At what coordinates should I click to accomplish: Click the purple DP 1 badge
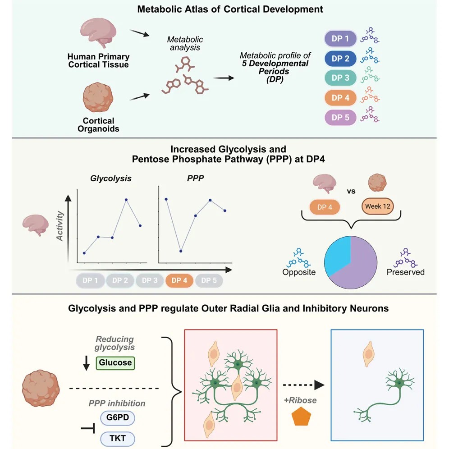(x=340, y=38)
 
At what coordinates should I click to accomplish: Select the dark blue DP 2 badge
(x=340, y=59)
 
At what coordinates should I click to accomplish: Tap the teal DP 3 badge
(x=340, y=78)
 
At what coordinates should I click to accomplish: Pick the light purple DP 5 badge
(x=340, y=117)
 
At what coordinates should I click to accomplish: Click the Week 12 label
(x=377, y=206)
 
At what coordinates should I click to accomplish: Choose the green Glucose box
(x=115, y=362)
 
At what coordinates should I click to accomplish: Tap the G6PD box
(x=117, y=417)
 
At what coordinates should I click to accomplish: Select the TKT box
(x=117, y=438)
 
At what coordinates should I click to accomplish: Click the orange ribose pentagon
(x=301, y=417)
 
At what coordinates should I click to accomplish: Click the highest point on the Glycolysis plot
(x=126, y=200)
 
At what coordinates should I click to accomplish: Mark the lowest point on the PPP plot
(x=181, y=251)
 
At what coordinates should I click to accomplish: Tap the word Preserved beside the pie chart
(x=405, y=272)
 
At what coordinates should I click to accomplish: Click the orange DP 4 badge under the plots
(x=179, y=280)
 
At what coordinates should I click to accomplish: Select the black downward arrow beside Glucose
(x=86, y=363)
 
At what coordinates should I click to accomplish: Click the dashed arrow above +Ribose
(x=303, y=385)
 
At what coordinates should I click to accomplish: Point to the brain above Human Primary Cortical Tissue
(x=98, y=32)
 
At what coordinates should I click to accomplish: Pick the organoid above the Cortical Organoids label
(x=98, y=97)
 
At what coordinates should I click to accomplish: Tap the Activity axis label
(x=60, y=226)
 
